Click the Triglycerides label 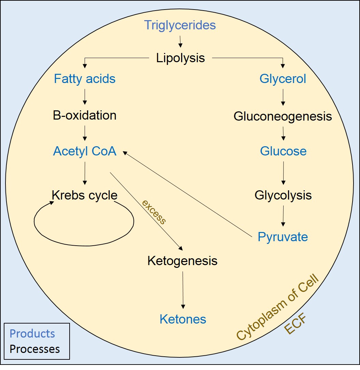pos(180,25)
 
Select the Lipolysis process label pos(181,58)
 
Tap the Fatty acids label pos(85,79)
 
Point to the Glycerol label pos(283,79)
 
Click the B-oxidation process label pos(85,115)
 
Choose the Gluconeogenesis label pos(283,116)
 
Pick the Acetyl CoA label pos(85,151)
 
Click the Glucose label pos(283,151)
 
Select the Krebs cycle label pos(85,195)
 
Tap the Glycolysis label pos(283,195)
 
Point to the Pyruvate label pos(283,237)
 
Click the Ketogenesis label pos(182,261)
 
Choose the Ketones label pos(183,319)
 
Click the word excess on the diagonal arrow pos(154,212)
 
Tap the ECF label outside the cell pos(296,325)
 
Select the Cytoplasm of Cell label pos(277,307)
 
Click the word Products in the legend pos(32,333)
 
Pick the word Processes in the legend pos(35,349)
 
